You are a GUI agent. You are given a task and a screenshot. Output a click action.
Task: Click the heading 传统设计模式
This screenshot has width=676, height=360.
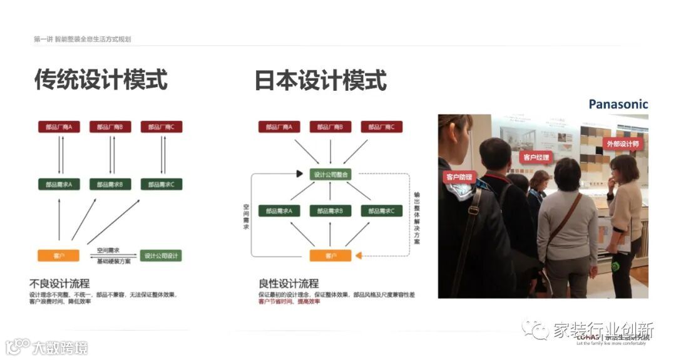(101, 80)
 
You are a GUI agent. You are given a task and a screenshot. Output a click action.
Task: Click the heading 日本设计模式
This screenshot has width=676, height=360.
(320, 81)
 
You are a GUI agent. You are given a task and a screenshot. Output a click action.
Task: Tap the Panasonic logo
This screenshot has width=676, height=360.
(618, 104)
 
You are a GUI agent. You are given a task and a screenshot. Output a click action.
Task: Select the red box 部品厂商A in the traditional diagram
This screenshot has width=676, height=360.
(59, 126)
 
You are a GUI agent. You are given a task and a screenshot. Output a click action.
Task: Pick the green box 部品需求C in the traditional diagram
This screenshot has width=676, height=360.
(161, 184)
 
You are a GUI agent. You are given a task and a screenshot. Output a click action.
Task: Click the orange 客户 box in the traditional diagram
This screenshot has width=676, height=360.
(59, 255)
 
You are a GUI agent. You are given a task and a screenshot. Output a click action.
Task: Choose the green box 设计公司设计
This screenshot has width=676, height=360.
(161, 255)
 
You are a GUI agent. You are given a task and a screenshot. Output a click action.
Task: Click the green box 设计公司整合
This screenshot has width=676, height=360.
(330, 174)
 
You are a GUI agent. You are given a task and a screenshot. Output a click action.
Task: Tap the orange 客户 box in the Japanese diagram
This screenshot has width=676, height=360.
(330, 255)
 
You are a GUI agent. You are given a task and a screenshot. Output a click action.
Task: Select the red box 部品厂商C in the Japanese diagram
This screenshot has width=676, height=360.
(381, 126)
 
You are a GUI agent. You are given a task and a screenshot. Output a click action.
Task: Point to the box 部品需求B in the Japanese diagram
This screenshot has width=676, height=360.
(330, 211)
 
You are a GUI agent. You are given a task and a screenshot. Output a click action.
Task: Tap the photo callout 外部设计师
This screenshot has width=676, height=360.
(623, 144)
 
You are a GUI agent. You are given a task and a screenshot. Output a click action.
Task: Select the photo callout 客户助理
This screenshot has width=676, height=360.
(459, 177)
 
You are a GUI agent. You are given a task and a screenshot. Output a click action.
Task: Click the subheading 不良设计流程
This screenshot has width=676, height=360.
(59, 283)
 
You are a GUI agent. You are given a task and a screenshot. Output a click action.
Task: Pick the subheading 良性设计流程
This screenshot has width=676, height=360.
(289, 284)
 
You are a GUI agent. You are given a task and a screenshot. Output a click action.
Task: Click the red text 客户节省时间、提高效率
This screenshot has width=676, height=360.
(289, 302)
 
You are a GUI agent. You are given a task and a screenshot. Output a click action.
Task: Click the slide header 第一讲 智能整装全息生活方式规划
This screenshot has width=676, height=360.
(82, 39)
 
